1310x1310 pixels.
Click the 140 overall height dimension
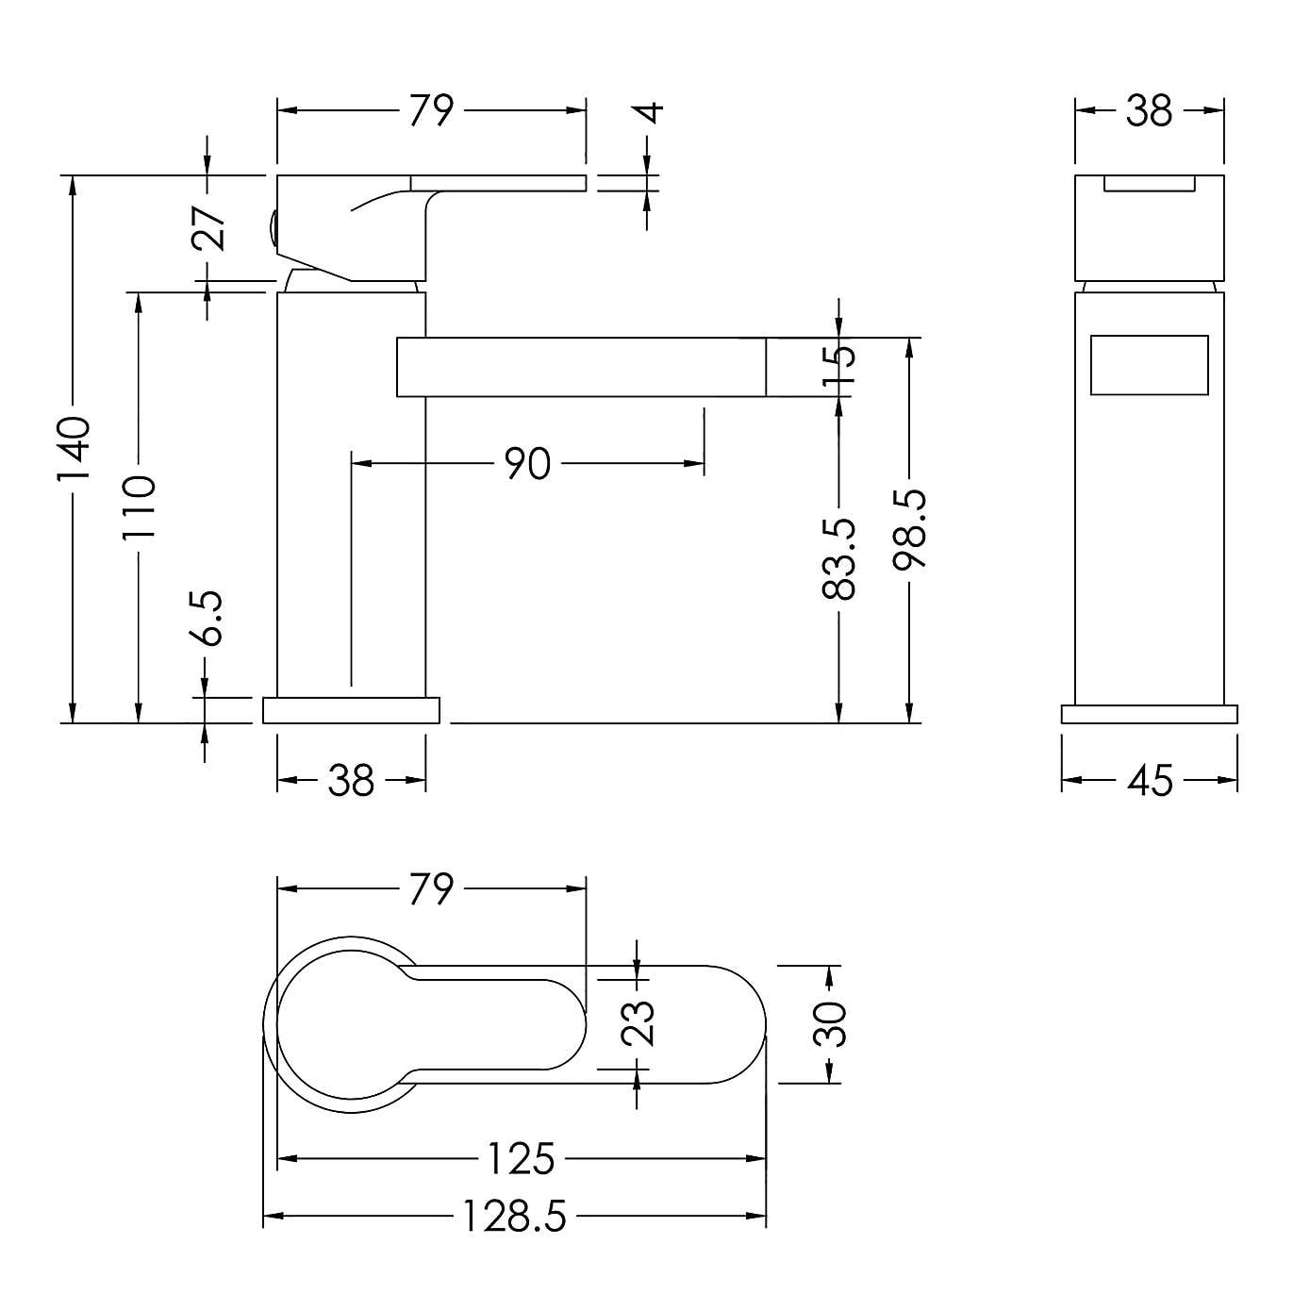(x=74, y=448)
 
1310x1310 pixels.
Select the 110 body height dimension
(x=139, y=507)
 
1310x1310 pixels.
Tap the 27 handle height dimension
(x=208, y=228)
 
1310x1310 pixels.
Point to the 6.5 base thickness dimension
(x=206, y=618)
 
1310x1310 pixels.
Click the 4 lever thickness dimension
(x=651, y=112)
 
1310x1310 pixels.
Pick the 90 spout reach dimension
(x=527, y=464)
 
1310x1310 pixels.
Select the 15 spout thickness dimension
(x=838, y=367)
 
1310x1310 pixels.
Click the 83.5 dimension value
(x=838, y=559)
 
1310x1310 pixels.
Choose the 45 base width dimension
(x=1150, y=780)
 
